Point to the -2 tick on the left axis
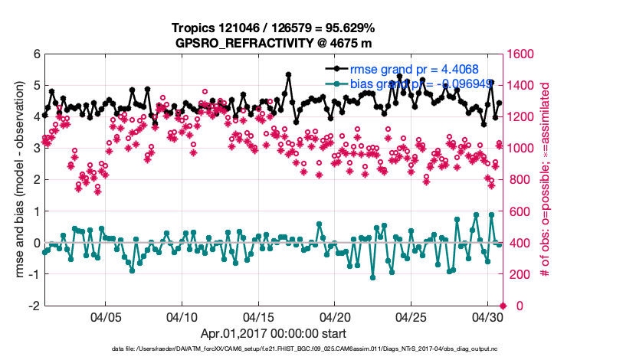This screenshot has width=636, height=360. pyautogui.click(x=34, y=306)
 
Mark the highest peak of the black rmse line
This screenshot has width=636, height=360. pyautogui.click(x=288, y=74)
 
